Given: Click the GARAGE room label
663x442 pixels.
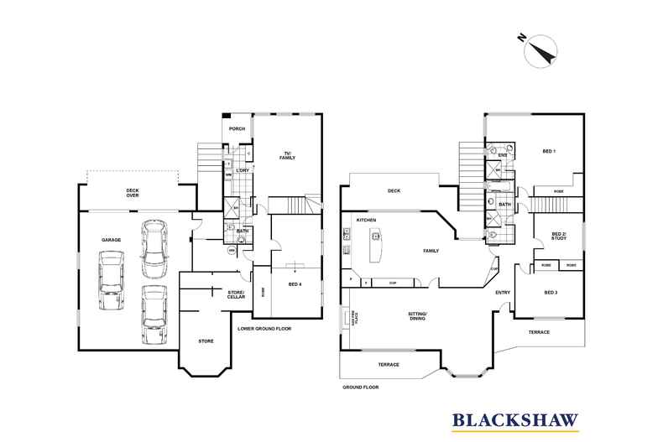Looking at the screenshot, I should click(112, 240).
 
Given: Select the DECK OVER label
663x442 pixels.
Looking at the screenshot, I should click(133, 193).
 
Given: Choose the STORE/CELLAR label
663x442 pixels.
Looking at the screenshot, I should click(235, 294).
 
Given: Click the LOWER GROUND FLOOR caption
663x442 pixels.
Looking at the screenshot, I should click(264, 328).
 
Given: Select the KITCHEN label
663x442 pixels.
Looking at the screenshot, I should click(366, 220).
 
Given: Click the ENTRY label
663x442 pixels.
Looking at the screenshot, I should click(503, 292).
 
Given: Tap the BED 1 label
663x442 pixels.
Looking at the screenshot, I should click(550, 151).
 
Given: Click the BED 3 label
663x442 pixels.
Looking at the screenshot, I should click(551, 292).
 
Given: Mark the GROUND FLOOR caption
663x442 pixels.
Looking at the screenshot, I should click(360, 387).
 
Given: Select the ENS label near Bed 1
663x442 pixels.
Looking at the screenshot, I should click(502, 155).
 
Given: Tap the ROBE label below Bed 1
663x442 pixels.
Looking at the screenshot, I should click(558, 192).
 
